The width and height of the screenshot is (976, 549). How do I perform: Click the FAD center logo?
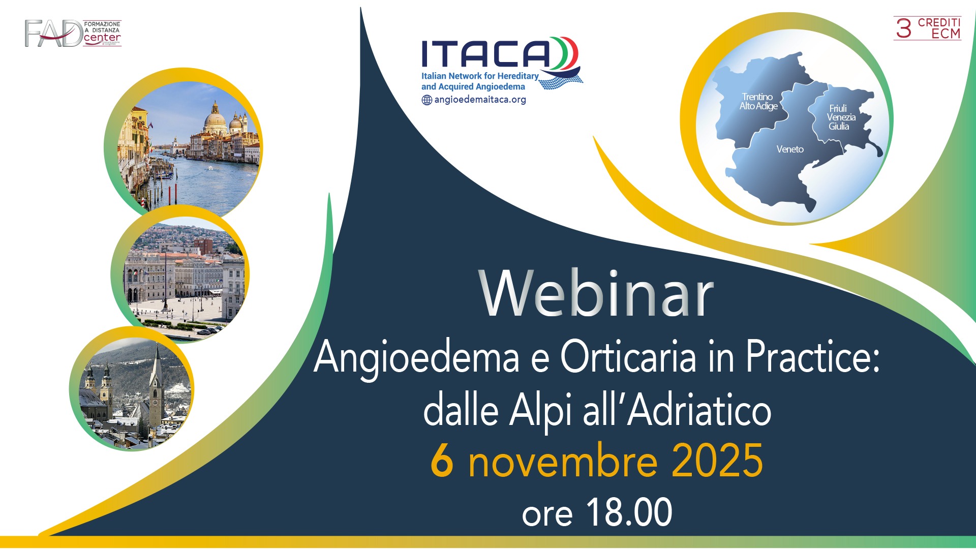click(x=73, y=34)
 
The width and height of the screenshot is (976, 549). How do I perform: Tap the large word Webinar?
click(x=596, y=294)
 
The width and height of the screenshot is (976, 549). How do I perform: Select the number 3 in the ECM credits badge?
click(x=903, y=28)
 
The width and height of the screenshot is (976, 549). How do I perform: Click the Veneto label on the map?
click(x=789, y=149)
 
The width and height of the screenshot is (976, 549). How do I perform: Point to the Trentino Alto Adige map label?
click(x=758, y=101)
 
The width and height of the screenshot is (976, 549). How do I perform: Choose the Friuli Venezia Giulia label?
click(x=840, y=117)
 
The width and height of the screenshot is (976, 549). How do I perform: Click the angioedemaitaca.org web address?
click(x=480, y=100)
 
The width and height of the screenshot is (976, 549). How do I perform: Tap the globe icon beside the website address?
click(x=426, y=100)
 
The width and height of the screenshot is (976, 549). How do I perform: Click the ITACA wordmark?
click(x=485, y=54)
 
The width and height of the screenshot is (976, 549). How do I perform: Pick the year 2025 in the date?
click(x=717, y=461)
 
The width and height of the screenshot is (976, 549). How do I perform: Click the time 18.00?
click(x=629, y=512)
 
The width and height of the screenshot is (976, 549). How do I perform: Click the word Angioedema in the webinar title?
click(x=416, y=358)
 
